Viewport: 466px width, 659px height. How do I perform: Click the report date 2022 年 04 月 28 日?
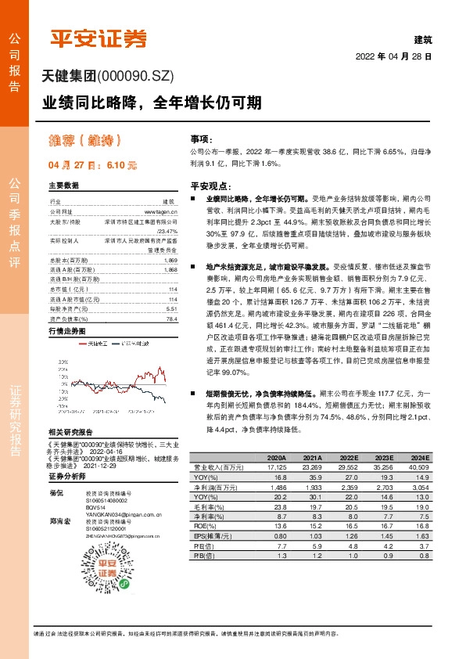click(x=393, y=57)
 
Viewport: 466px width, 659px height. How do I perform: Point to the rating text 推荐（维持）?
click(x=85, y=141)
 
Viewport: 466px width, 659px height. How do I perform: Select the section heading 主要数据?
click(x=64, y=185)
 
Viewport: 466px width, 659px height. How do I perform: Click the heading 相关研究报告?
click(x=70, y=431)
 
